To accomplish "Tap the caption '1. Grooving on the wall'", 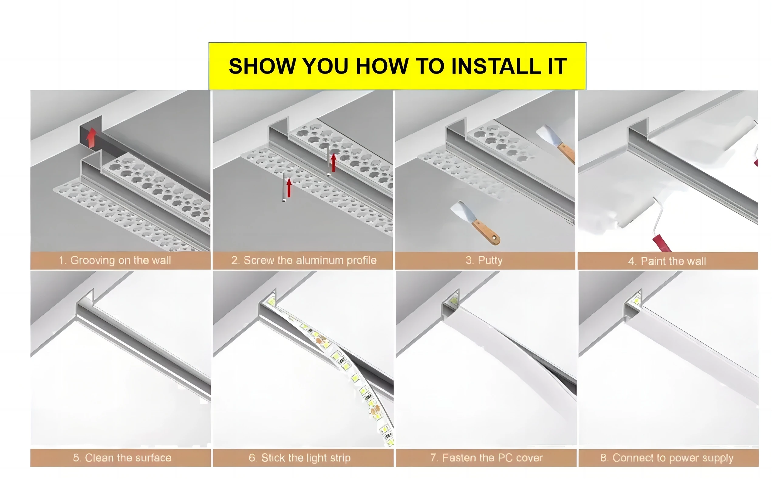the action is pyautogui.click(x=115, y=260).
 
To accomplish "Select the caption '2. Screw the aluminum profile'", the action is pyautogui.click(x=304, y=260).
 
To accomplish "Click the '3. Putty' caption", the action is pyautogui.click(x=484, y=260).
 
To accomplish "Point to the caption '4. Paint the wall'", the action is pyautogui.click(x=667, y=261).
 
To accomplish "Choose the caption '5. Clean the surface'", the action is pyautogui.click(x=122, y=458).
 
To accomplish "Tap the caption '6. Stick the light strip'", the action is pyautogui.click(x=299, y=458).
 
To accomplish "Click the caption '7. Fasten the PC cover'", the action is pyautogui.click(x=487, y=458).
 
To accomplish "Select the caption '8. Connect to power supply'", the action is pyautogui.click(x=667, y=458).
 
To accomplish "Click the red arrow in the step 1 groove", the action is pyautogui.click(x=91, y=138).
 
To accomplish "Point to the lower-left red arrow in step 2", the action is pyautogui.click(x=289, y=188).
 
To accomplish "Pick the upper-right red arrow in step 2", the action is pyautogui.click(x=333, y=163).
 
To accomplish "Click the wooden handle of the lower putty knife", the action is pyautogui.click(x=486, y=232).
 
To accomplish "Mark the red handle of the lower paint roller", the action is pyautogui.click(x=662, y=243).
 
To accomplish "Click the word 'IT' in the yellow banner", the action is pyautogui.click(x=557, y=66).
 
